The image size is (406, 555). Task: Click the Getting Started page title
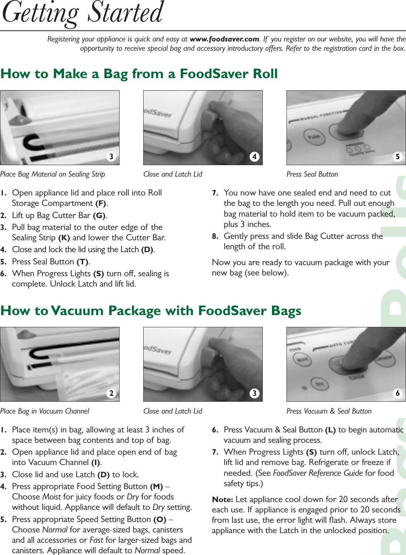[x=83, y=14]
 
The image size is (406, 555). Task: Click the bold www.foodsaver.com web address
[x=224, y=39]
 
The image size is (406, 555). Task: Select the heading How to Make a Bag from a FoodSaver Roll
[x=139, y=74]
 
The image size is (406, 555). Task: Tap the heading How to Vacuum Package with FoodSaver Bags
[x=151, y=311]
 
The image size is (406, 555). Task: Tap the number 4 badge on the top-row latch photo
[x=254, y=157]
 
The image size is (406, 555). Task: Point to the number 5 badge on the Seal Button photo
[x=397, y=157]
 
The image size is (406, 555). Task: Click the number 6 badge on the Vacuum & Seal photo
[x=397, y=393]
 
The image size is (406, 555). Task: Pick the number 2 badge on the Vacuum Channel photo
[x=111, y=393]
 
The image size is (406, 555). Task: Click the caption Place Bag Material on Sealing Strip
[x=53, y=174]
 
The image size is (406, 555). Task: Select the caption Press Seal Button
[x=312, y=174]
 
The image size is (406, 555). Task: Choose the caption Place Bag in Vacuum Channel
[x=44, y=411]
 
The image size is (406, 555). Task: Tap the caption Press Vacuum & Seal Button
[x=329, y=411]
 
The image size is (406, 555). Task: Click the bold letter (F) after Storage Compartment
[x=101, y=203]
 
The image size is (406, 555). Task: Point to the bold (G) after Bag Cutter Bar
[x=99, y=215]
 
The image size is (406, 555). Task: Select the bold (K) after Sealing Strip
[x=64, y=238]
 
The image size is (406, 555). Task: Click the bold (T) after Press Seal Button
[x=83, y=262]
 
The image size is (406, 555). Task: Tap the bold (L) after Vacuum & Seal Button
[x=330, y=430]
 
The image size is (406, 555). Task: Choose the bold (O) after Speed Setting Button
[x=160, y=519]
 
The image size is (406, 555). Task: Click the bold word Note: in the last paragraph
[x=222, y=499]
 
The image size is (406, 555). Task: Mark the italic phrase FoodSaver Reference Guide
[x=318, y=473]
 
